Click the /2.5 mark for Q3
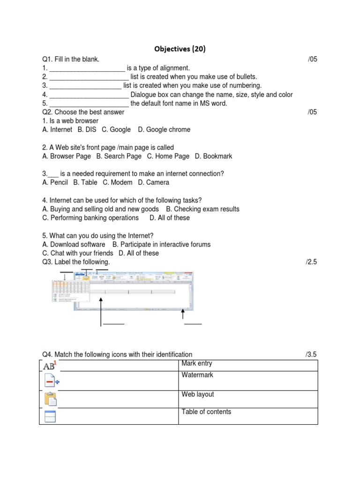click(x=311, y=262)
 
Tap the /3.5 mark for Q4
click(x=311, y=355)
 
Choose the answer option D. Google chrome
click(x=164, y=129)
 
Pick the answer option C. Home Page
click(x=168, y=156)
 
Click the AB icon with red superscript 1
click(x=49, y=366)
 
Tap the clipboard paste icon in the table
click(x=50, y=398)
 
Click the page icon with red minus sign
click(x=51, y=382)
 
